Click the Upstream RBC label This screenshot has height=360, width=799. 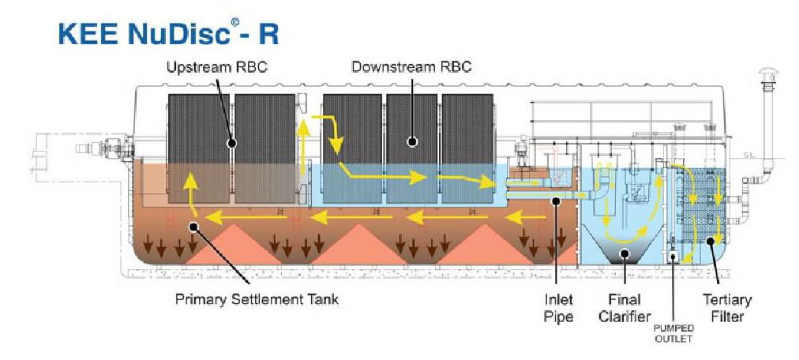[x=216, y=67]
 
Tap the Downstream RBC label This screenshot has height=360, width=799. [x=411, y=67]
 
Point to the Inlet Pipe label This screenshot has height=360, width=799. [x=558, y=307]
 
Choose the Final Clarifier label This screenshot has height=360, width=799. [x=624, y=307]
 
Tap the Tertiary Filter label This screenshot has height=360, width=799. [x=726, y=307]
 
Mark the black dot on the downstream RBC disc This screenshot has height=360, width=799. [x=411, y=142]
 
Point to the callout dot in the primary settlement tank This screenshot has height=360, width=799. [x=193, y=227]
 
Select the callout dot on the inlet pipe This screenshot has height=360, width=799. [x=556, y=202]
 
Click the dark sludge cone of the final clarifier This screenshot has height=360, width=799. [x=625, y=254]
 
